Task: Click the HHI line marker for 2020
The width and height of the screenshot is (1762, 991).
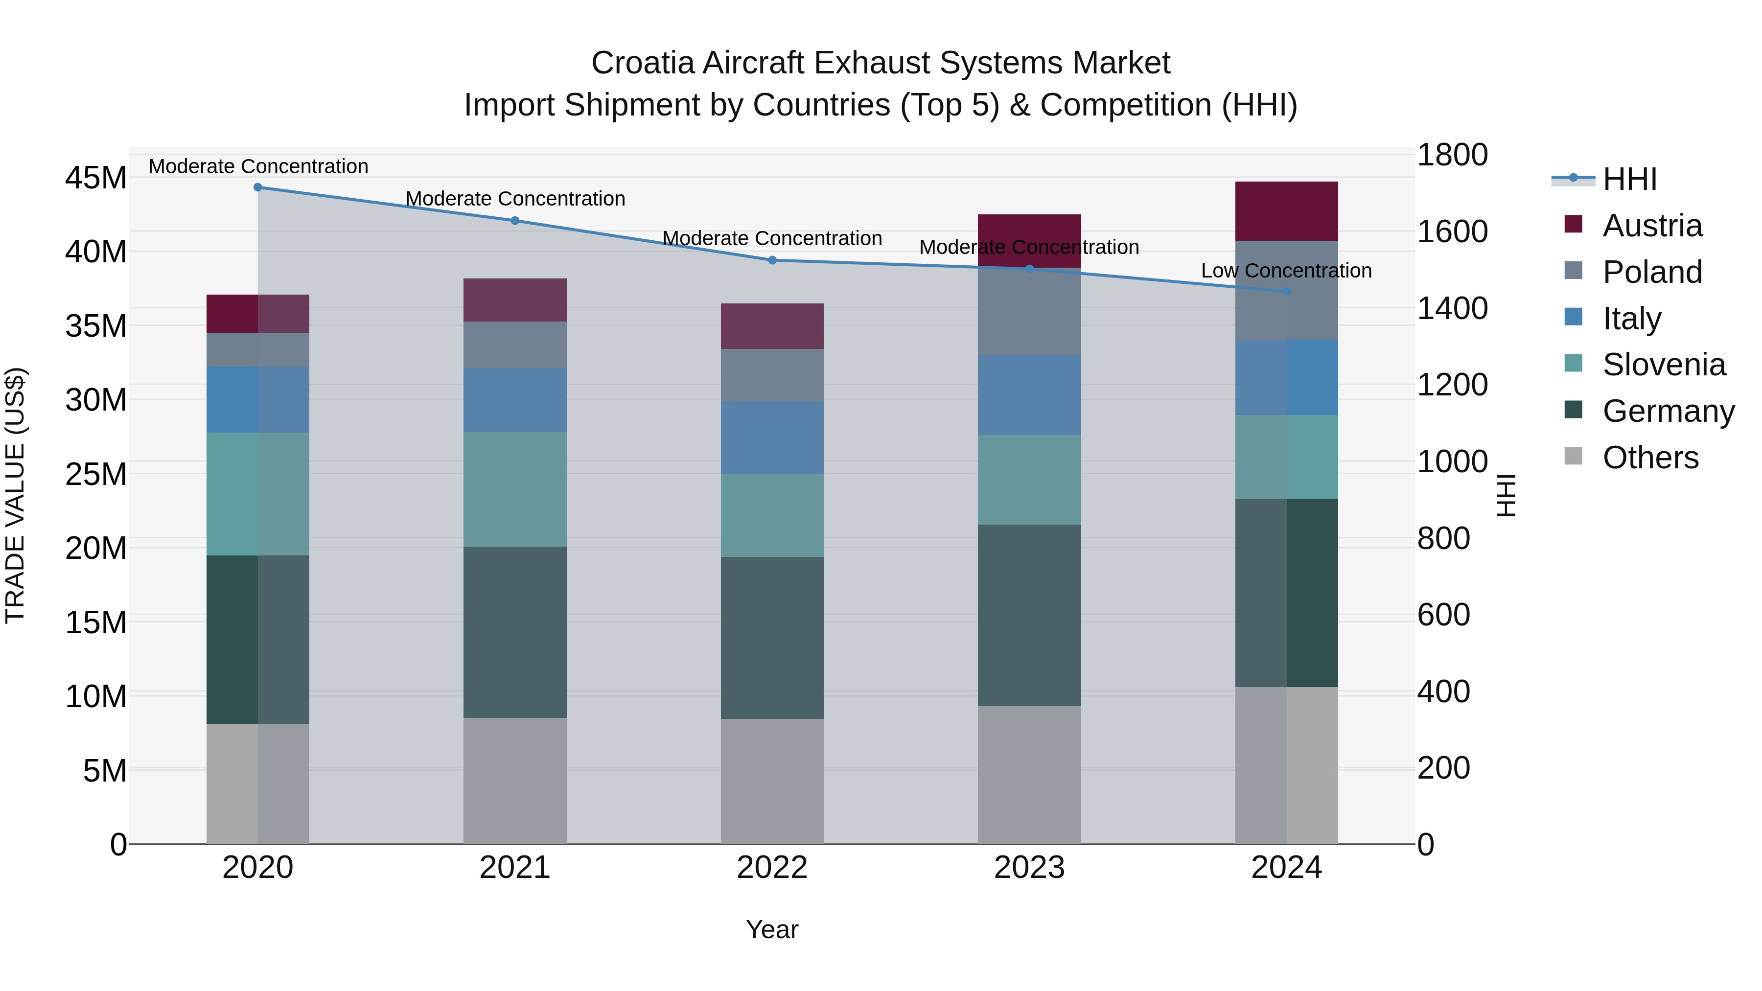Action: coord(258,187)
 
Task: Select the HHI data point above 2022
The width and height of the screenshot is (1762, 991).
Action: coord(772,260)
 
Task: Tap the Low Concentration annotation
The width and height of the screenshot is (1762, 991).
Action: coord(1286,271)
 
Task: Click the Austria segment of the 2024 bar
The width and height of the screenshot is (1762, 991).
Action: coord(1286,211)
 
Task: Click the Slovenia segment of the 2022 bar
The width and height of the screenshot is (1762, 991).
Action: coord(772,516)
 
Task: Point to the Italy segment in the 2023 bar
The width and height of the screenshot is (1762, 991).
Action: coord(1029,395)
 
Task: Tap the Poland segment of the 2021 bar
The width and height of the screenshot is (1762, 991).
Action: coord(515,345)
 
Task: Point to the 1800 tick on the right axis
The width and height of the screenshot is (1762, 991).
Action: coord(1452,155)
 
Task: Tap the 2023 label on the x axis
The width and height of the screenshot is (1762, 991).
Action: coord(1029,868)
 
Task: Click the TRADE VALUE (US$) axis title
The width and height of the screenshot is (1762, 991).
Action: coord(15,495)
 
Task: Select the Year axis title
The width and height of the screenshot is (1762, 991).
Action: coord(772,929)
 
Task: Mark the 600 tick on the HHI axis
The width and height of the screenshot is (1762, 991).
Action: coord(1443,615)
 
